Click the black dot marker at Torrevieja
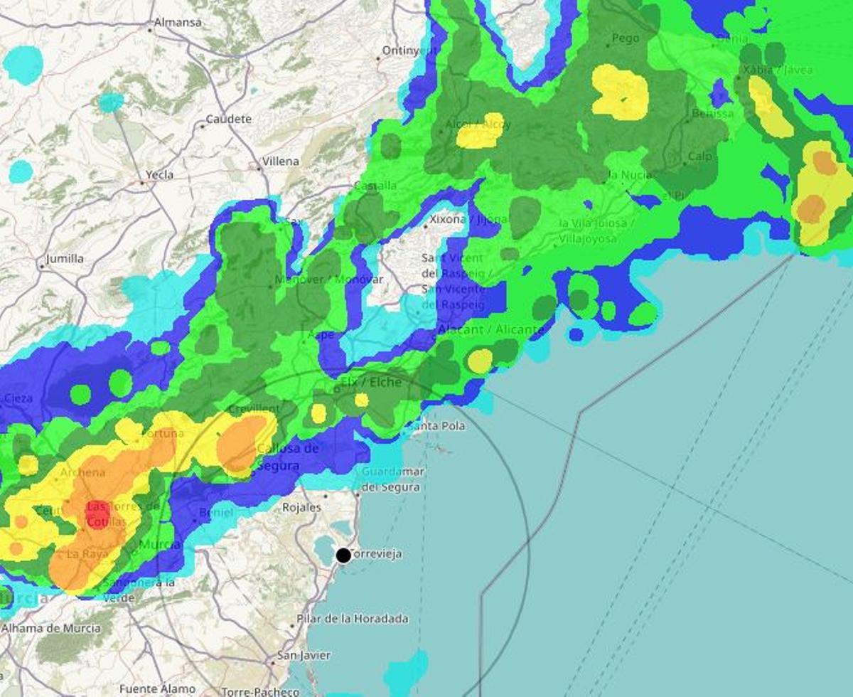(x=343, y=555)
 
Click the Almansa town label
(x=178, y=23)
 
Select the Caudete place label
(x=229, y=119)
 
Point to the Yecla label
(x=159, y=175)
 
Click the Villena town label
(x=281, y=161)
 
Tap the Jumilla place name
(x=64, y=259)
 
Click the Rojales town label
(x=303, y=508)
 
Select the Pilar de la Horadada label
(x=353, y=619)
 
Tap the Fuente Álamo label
(x=157, y=688)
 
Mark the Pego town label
(x=626, y=38)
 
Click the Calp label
(x=699, y=156)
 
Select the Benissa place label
(x=712, y=113)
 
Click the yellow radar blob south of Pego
(x=621, y=92)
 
